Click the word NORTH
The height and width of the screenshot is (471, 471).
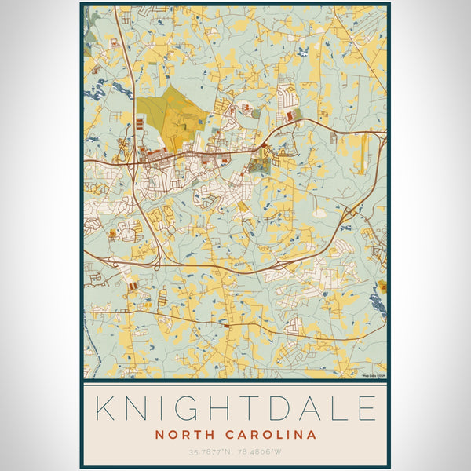185,434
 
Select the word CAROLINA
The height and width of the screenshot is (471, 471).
272,434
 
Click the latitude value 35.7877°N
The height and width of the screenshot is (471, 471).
210,451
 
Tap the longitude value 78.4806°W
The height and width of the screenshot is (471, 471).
261,451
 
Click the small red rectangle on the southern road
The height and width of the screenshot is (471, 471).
226,323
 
